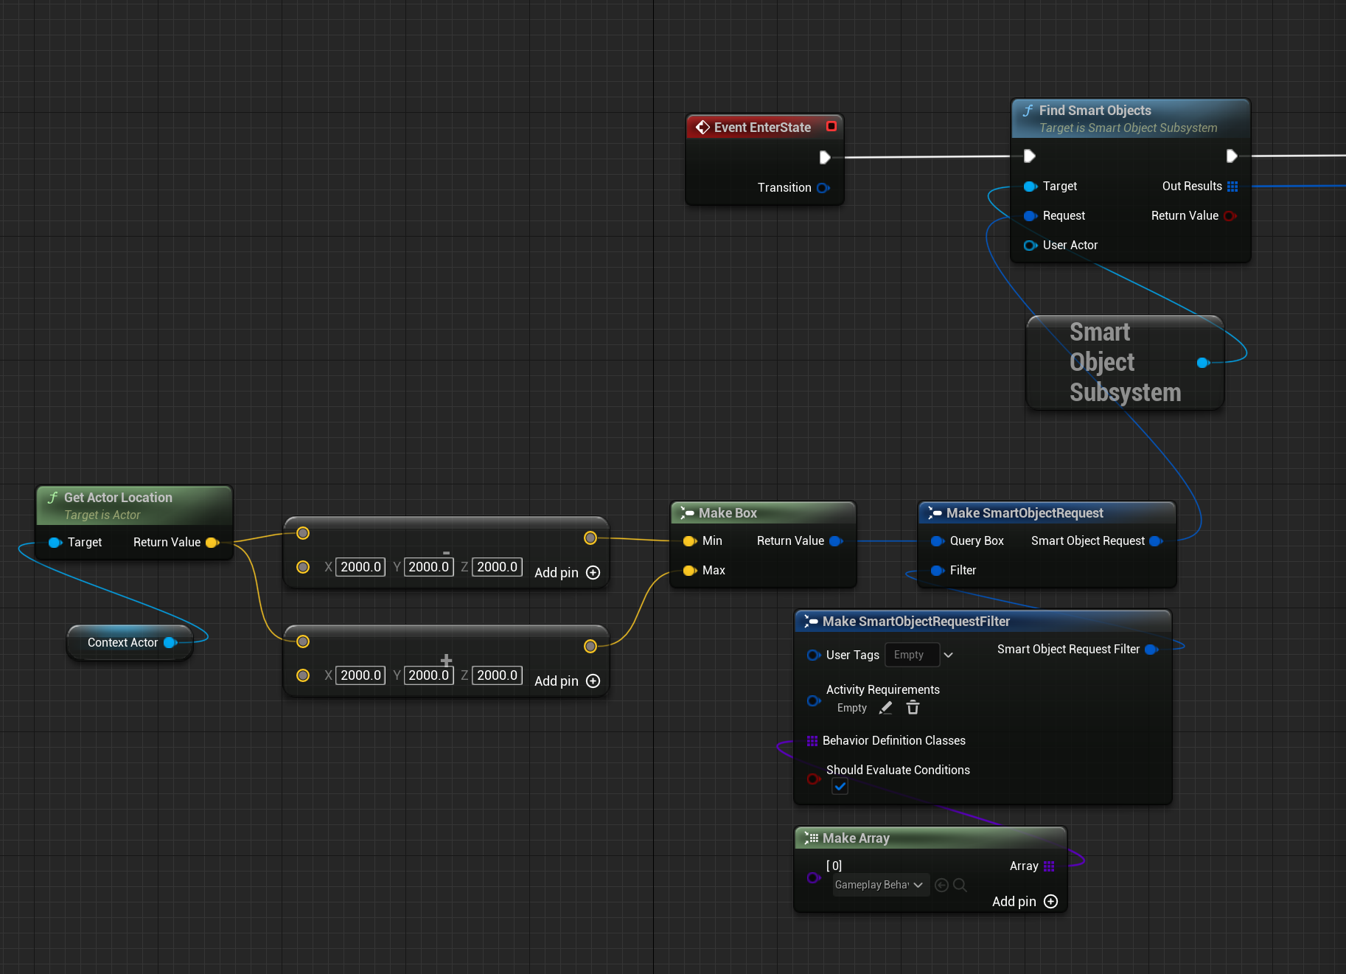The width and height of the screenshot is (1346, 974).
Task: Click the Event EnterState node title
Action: tap(762, 128)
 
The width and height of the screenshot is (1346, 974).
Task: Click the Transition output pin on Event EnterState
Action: tap(823, 188)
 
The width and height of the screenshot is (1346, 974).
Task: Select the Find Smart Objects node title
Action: tap(1095, 111)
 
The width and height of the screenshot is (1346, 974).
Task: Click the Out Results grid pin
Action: tap(1232, 187)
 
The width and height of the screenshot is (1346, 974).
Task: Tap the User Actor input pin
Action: tap(1030, 246)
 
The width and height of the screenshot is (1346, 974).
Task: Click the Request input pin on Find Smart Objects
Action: tap(1030, 216)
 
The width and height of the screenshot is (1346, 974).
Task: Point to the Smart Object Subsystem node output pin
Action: tap(1203, 363)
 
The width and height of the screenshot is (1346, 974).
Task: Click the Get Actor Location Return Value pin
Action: tap(212, 543)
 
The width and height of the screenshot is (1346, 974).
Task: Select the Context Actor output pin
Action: tap(170, 643)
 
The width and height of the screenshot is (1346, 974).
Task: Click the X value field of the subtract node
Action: tap(360, 567)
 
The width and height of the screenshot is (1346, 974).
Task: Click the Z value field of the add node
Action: tap(497, 675)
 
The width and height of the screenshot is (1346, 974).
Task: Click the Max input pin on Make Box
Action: tap(689, 571)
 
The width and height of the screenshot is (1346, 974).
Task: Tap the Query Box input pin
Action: tap(937, 541)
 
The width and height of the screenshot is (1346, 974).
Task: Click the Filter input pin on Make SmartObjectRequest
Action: tap(937, 571)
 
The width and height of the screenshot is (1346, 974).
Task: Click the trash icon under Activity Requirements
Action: tap(913, 708)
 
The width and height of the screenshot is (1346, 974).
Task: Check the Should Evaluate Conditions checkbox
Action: tap(840, 787)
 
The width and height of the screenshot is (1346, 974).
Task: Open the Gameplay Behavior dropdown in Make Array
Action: tap(879, 885)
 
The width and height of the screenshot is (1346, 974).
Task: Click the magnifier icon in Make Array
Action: tap(960, 885)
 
